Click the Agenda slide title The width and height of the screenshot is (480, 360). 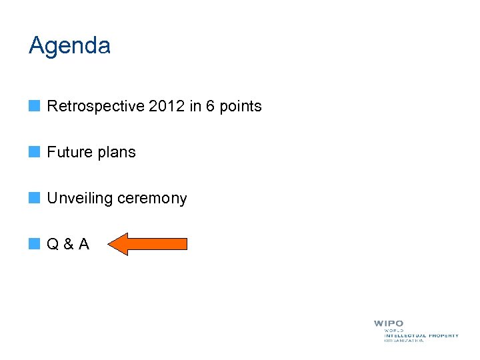coord(69,46)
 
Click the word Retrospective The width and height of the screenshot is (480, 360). coord(89,106)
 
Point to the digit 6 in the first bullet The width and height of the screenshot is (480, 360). coord(211,106)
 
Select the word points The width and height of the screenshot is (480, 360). coord(240,107)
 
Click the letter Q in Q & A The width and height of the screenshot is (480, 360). coord(53,245)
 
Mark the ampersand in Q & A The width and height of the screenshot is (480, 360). coord(68,245)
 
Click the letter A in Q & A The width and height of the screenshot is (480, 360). coord(83,245)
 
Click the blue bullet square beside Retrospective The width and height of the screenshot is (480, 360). coord(34,105)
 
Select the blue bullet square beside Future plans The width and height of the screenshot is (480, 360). coord(34,151)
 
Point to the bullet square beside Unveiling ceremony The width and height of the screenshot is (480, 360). coord(34,198)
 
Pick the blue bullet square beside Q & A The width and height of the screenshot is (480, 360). coord(34,244)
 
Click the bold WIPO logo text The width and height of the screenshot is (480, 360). coord(389,324)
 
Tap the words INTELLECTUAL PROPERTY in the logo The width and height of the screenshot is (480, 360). coord(421,335)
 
